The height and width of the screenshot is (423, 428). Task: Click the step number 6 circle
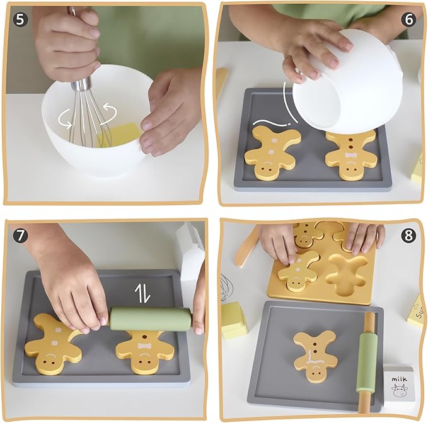pos(408,19)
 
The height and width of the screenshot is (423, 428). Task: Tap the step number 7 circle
pos(21,235)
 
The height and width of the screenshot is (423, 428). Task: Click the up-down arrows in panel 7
pos(144,293)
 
